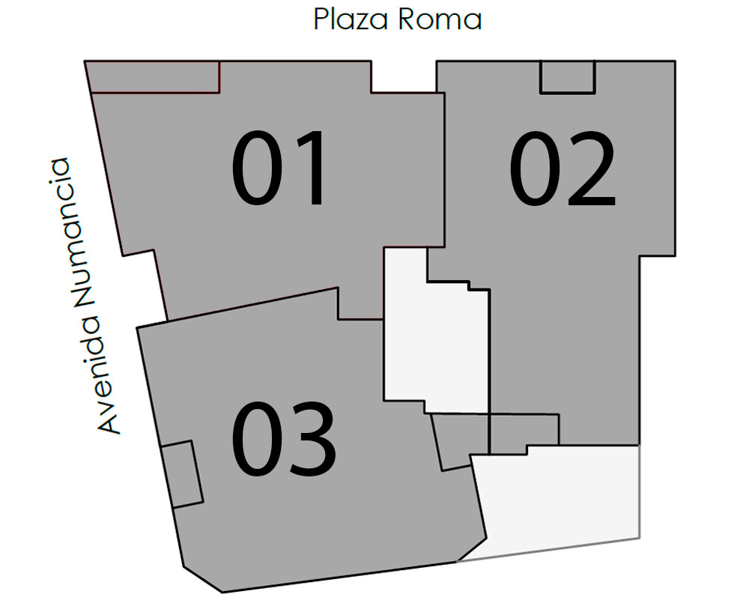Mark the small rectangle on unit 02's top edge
coord(567,77)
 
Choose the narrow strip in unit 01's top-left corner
coord(154,77)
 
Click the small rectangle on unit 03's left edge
coord(182,475)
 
